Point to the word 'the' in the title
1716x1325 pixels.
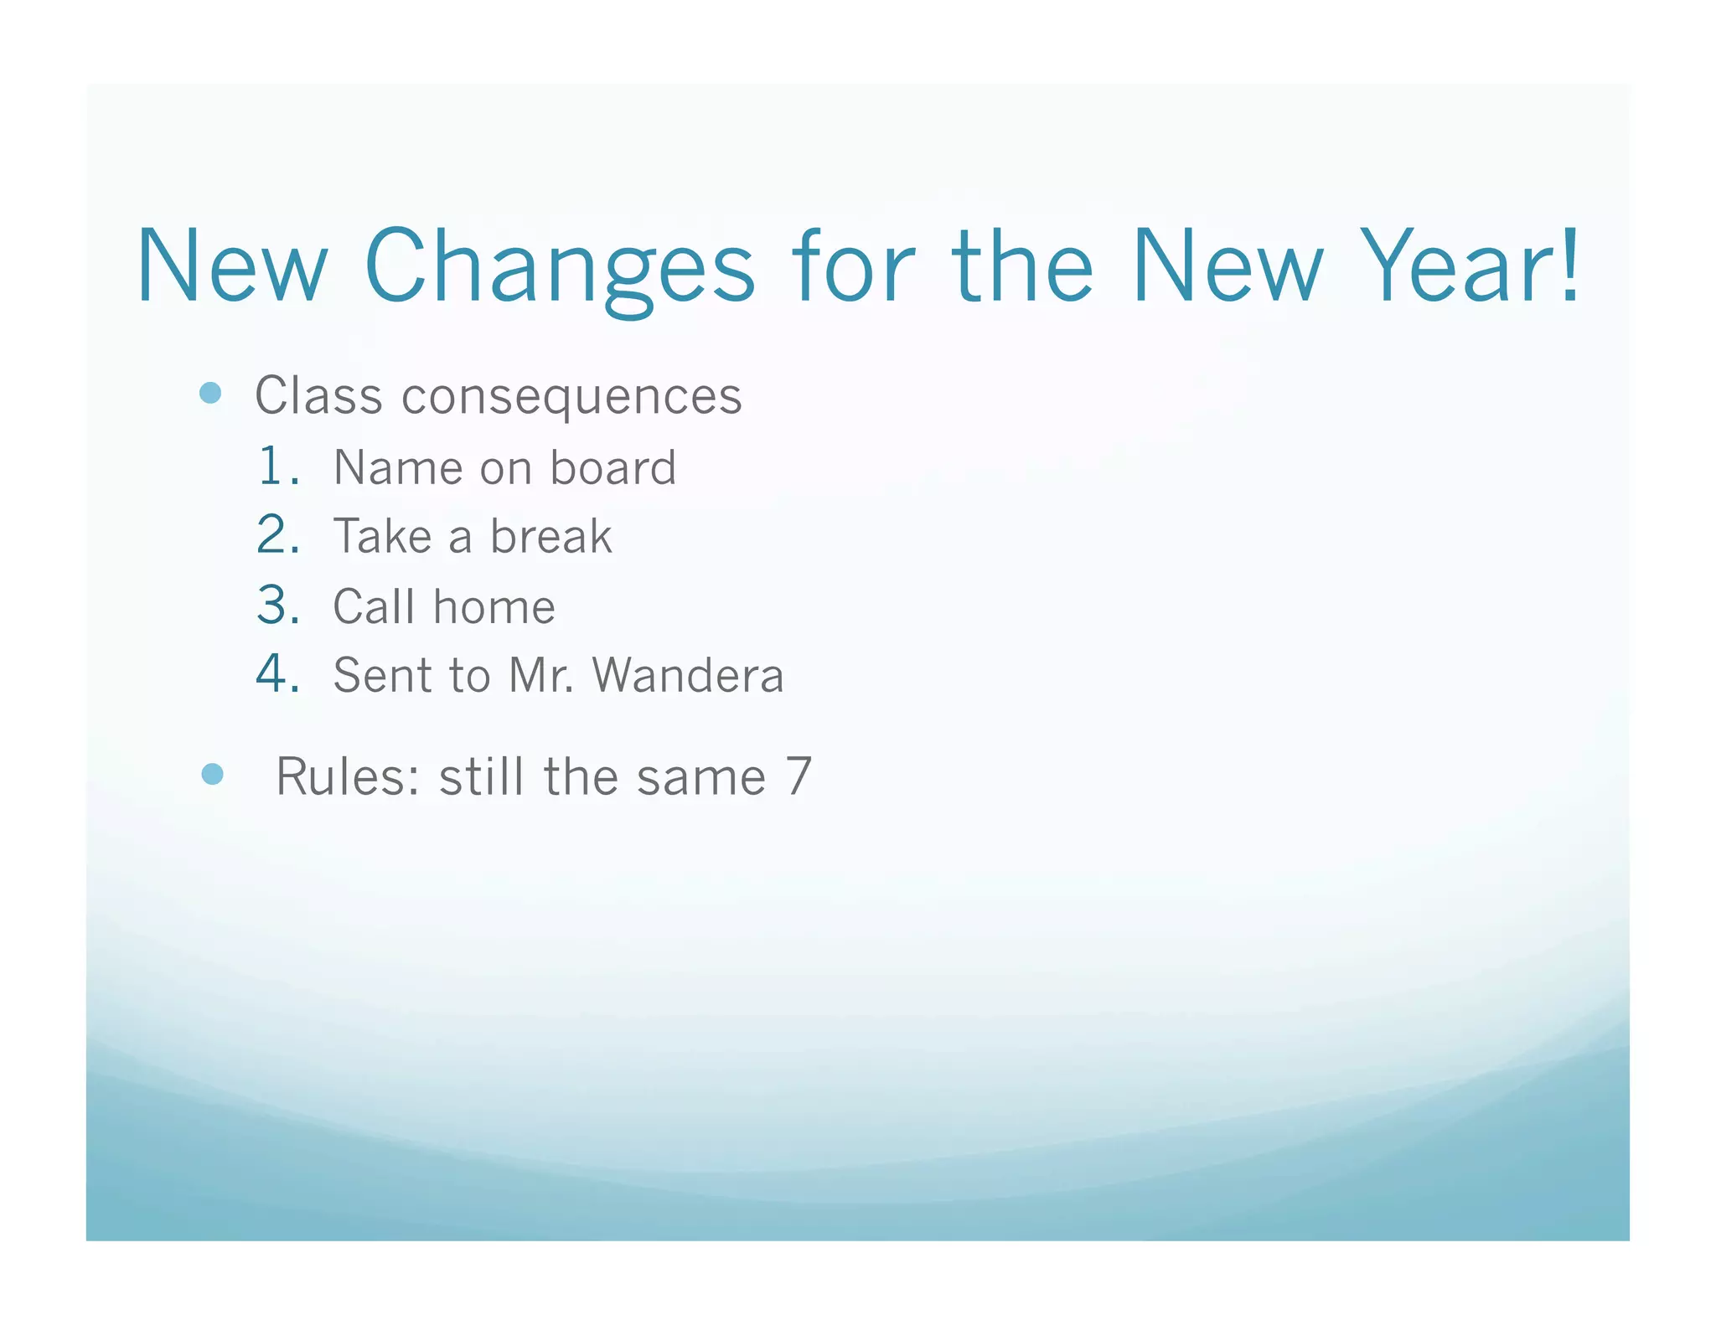click(x=1022, y=266)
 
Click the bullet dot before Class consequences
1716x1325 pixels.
click(x=211, y=393)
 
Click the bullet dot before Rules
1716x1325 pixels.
click(x=213, y=774)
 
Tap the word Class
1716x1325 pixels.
click(x=318, y=395)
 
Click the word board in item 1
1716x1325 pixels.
click(x=612, y=467)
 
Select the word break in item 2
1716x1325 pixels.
click(x=550, y=536)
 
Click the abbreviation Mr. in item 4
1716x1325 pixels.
click(x=540, y=675)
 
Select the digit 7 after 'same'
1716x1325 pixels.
click(x=799, y=776)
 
